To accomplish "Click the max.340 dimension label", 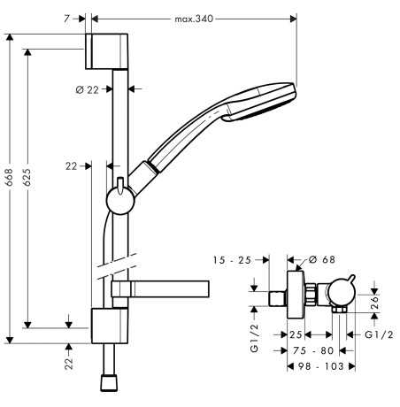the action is coord(194,19).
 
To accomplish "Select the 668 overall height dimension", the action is coord(10,177).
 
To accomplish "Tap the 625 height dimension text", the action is coord(27,177).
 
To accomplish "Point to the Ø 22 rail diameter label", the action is coord(88,89).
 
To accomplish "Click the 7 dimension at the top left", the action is coord(67,19).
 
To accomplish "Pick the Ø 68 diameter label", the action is coord(322,259).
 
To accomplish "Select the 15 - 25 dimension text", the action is coord(232,260).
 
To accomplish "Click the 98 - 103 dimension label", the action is coord(321,366).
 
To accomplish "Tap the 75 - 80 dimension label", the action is coord(313,350).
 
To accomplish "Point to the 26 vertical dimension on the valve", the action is coord(374,303).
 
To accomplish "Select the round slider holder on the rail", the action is coord(120,201).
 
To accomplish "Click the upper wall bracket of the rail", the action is coord(106,51).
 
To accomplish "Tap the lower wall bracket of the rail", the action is coord(110,326).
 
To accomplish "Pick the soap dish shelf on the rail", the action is coord(160,289).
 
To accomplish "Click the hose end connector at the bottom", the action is coord(109,382).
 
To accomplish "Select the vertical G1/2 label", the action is coord(254,338).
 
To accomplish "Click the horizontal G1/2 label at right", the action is coord(379,334).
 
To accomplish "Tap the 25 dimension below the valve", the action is coord(296,334).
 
